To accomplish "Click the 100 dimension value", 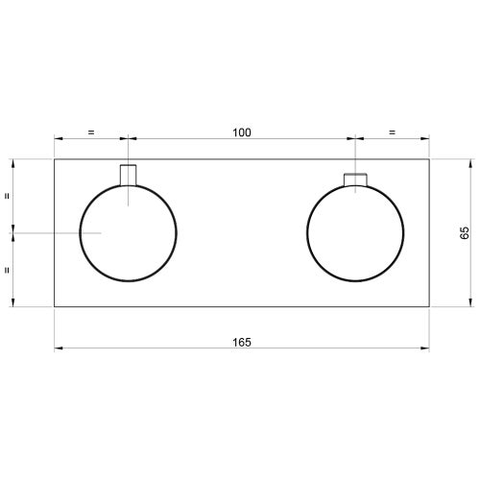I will pyautogui.click(x=242, y=132).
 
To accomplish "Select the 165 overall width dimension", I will pyautogui.click(x=242, y=343).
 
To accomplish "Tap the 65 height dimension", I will pyautogui.click(x=465, y=232).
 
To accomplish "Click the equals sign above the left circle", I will pyautogui.click(x=90, y=132).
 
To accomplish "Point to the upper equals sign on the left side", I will pyautogui.click(x=7, y=195).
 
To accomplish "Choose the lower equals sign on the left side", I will pyautogui.click(x=7, y=270).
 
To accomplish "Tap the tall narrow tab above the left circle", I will pyautogui.click(x=128, y=174).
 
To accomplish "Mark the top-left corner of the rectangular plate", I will pyautogui.click(x=54, y=158).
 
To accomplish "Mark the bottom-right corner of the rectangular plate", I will pyautogui.click(x=430, y=307).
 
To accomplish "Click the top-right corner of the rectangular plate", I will pyautogui.click(x=430, y=158).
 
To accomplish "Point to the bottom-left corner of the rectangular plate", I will pyautogui.click(x=54, y=307).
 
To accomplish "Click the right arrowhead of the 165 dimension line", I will pyautogui.click(x=426, y=348).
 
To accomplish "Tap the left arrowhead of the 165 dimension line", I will pyautogui.click(x=58, y=348).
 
